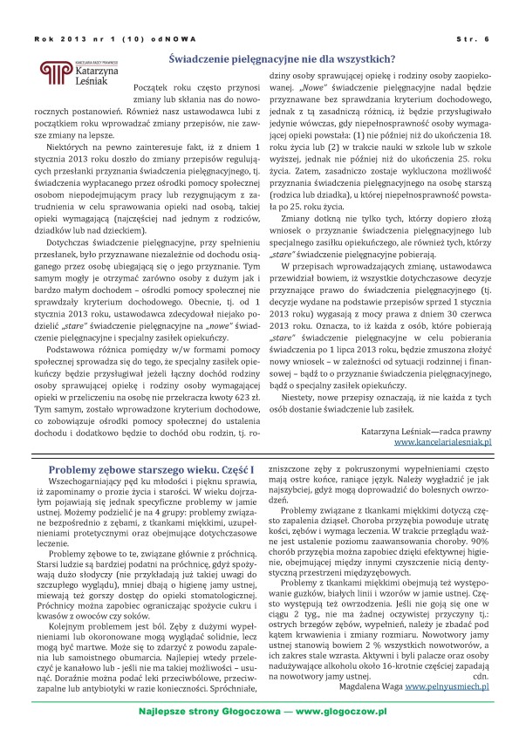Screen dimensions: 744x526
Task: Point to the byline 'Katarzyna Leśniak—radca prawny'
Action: (x=427, y=430)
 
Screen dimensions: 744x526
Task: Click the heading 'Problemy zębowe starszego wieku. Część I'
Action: (x=152, y=470)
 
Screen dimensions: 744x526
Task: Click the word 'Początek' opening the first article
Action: (x=150, y=90)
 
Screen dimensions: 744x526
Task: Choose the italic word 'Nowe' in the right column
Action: (x=311, y=88)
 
